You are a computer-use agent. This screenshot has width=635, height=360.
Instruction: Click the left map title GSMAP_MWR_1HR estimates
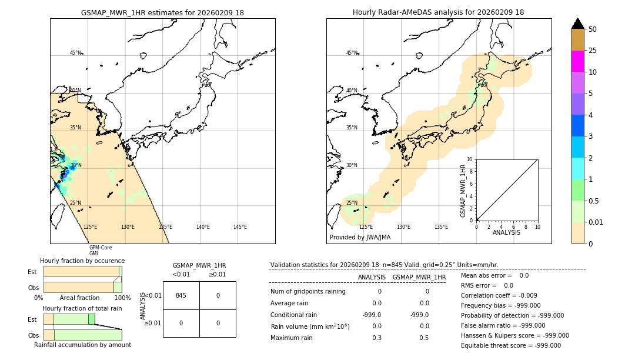pyautogui.click(x=162, y=12)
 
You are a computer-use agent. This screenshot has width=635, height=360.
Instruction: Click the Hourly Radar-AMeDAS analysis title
pyautogui.click(x=438, y=12)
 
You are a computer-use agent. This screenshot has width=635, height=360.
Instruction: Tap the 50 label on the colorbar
pyautogui.click(x=593, y=29)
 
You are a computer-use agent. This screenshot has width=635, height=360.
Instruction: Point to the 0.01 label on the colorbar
pyautogui.click(x=596, y=222)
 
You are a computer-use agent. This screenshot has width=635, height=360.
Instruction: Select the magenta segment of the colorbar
pyautogui.click(x=577, y=61)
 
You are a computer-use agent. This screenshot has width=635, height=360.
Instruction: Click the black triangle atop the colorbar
pyautogui.click(x=577, y=24)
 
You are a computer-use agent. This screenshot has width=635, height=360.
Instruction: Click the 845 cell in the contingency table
pyautogui.click(x=181, y=295)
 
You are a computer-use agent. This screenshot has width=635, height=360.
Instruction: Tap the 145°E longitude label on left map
pyautogui.click(x=240, y=227)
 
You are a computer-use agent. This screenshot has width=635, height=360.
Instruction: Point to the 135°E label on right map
pyautogui.click(x=441, y=227)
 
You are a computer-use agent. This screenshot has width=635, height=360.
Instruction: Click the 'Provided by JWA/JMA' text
pyautogui.click(x=360, y=238)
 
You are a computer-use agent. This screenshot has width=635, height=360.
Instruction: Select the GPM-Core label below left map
pyautogui.click(x=101, y=248)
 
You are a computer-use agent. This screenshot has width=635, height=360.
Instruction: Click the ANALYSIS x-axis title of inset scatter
pyautogui.click(x=506, y=232)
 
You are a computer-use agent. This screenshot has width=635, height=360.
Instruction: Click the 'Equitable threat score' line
pyautogui.click(x=510, y=345)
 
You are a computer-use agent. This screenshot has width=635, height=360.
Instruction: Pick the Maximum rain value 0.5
pyautogui.click(x=424, y=338)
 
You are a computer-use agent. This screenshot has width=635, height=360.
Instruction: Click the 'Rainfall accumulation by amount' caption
pyautogui.click(x=82, y=345)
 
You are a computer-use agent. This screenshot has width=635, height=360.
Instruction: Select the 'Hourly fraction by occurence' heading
pyautogui.click(x=82, y=261)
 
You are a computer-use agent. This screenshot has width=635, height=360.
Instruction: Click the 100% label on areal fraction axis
pyautogui.click(x=122, y=298)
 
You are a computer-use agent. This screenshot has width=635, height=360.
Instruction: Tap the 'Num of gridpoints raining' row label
pyautogui.click(x=308, y=292)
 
